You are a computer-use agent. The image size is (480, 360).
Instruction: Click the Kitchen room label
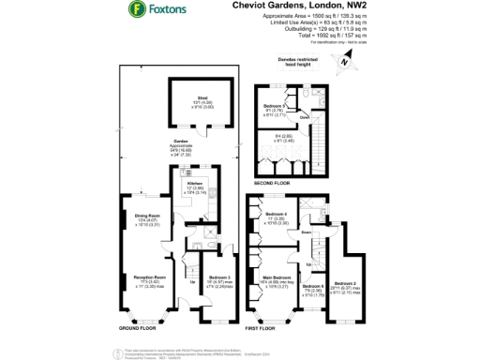pyautogui.click(x=180, y=183)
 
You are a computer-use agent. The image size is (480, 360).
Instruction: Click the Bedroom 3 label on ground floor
pyautogui.click(x=215, y=278)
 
